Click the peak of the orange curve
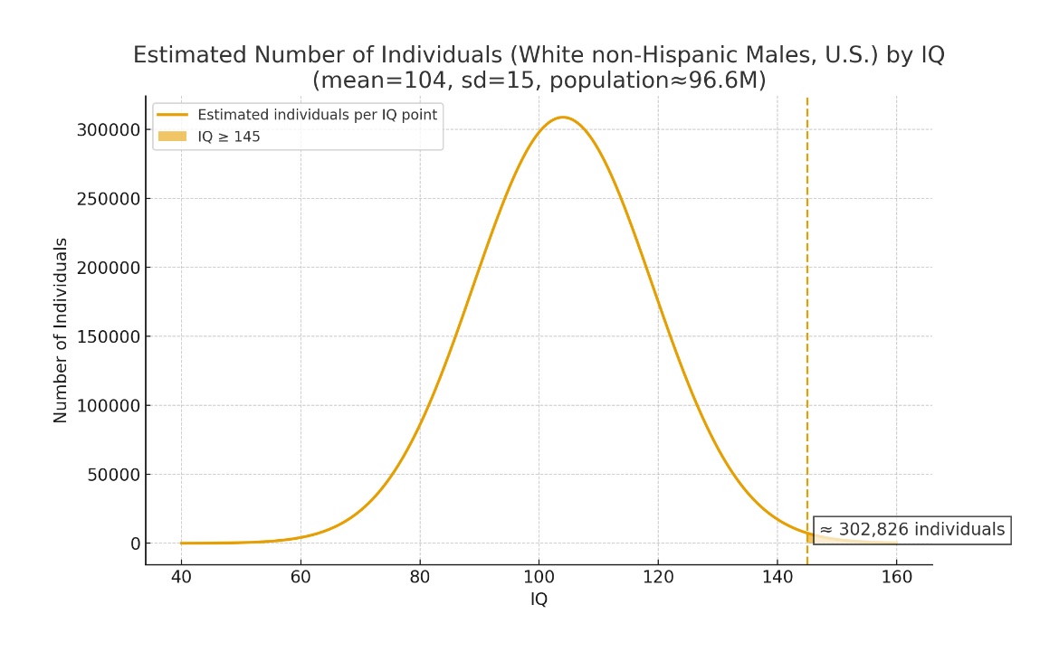[x=562, y=118]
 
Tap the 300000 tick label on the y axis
[x=110, y=130]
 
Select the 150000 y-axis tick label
[x=110, y=337]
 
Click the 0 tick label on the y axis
[x=136, y=543]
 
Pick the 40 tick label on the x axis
[x=181, y=577]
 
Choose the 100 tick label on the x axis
[x=539, y=577]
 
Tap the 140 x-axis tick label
[x=778, y=577]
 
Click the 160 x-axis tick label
[x=896, y=577]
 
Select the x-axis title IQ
[x=539, y=600]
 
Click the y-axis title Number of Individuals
[x=62, y=330]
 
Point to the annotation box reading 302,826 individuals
[x=911, y=530]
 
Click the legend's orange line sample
[x=172, y=115]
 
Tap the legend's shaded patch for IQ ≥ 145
[x=172, y=137]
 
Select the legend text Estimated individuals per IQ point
[x=317, y=115]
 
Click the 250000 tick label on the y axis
[x=110, y=199]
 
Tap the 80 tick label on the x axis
[x=419, y=577]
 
